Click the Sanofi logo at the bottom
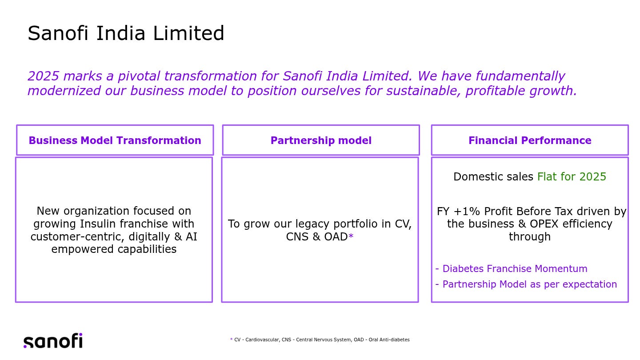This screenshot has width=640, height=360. click(53, 341)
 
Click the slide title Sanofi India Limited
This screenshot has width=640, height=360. click(126, 33)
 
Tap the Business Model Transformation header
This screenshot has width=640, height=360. click(115, 140)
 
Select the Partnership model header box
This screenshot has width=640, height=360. click(321, 140)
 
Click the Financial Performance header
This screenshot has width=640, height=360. click(530, 140)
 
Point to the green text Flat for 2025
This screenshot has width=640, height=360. click(572, 177)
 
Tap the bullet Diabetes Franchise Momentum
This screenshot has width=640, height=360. click(515, 269)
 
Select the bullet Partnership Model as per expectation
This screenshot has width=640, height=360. click(529, 284)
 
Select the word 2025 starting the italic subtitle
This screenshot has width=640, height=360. click(43, 76)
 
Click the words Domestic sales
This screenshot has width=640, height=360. click(493, 177)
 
